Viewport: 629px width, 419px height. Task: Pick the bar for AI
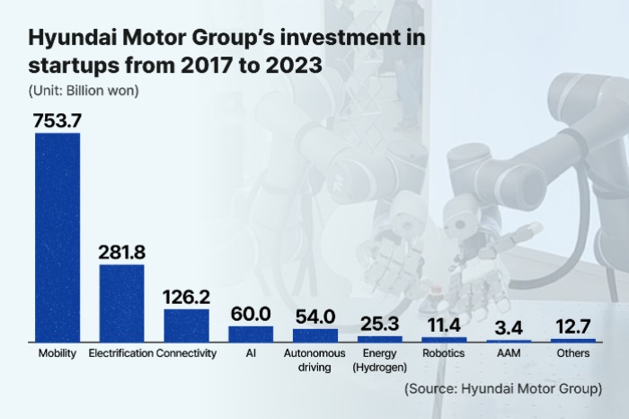coord(251,334)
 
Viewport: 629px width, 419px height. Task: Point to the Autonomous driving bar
coord(315,334)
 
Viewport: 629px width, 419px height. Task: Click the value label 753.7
coord(58,120)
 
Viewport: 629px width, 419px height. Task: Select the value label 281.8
coord(121,252)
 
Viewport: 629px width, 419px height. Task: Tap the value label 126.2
coord(186,296)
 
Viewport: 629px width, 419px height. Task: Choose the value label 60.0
coord(251,314)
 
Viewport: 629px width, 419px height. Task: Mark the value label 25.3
coord(379,322)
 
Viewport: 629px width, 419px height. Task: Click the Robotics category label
coord(444,354)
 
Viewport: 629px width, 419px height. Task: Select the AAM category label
coord(509,354)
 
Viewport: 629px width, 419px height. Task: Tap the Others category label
coord(573,354)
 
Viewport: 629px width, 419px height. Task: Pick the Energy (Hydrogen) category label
coord(379,361)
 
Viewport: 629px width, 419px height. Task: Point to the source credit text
coord(502,388)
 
